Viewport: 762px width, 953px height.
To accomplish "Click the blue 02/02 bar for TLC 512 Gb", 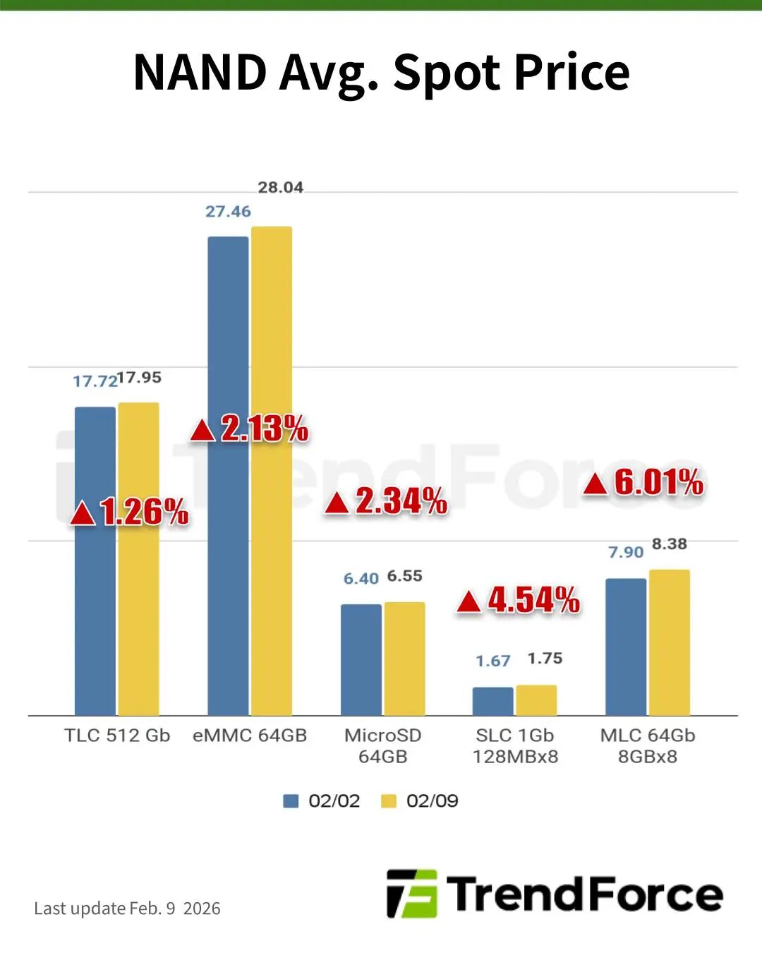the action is coord(95,561).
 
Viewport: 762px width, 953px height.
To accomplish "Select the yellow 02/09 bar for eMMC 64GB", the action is coord(272,470).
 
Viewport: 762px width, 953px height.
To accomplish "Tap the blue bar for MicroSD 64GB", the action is coord(361,659).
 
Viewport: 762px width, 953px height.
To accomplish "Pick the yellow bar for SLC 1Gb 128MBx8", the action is coord(536,700).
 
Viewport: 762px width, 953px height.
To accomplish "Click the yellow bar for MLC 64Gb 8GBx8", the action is coord(670,642).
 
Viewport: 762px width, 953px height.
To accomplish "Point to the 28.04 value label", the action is coord(281,188).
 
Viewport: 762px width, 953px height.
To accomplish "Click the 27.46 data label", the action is coord(228,212).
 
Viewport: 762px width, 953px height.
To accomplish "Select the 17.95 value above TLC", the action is coord(140,378).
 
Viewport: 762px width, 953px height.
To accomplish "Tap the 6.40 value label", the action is coord(361,578).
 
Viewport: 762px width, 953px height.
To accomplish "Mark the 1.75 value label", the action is coord(545,659).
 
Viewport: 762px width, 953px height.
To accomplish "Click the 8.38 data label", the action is coord(670,544).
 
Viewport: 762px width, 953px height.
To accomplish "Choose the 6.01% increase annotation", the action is coord(643,482).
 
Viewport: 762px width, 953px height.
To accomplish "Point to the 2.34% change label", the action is coord(386,501).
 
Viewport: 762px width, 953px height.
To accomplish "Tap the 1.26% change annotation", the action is coord(129,513).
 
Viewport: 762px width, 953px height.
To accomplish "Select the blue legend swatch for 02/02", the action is coord(291,801).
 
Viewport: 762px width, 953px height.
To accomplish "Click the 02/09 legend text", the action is coord(432,801).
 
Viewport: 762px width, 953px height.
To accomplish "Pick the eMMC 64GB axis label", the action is coord(250,736).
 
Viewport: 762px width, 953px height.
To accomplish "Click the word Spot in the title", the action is coord(447,73).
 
